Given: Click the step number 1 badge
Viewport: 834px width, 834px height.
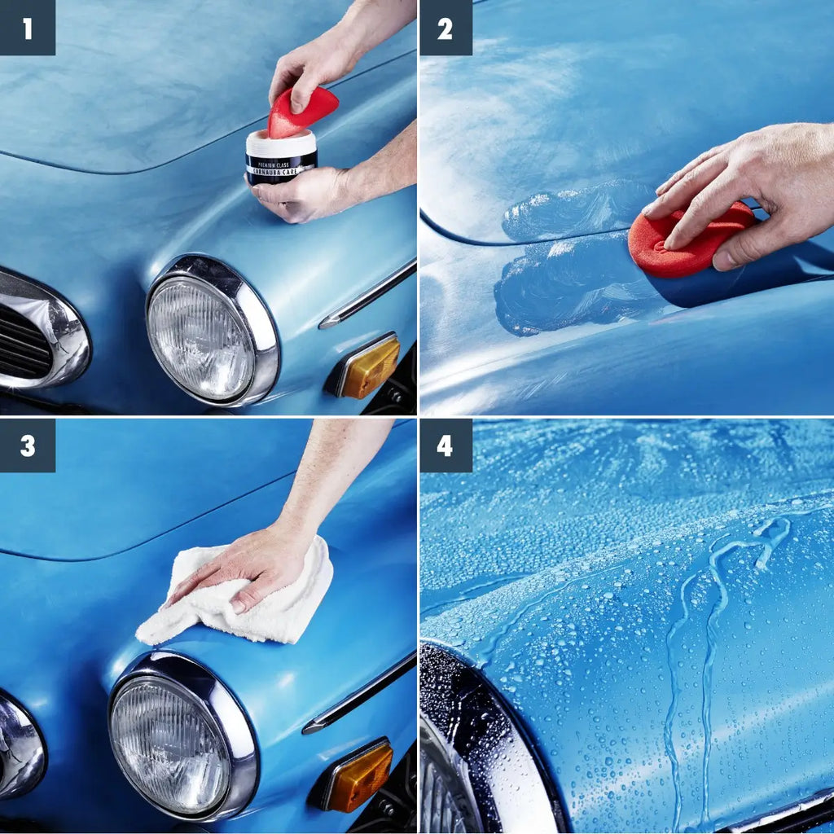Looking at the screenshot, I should (27, 28).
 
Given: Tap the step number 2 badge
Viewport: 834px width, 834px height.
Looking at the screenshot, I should (446, 28).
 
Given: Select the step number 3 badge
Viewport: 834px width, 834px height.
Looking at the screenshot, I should (27, 446).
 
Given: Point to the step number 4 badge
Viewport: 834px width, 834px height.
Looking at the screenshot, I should (446, 446).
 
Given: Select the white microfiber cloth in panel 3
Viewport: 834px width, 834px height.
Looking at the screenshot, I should (244, 603).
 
